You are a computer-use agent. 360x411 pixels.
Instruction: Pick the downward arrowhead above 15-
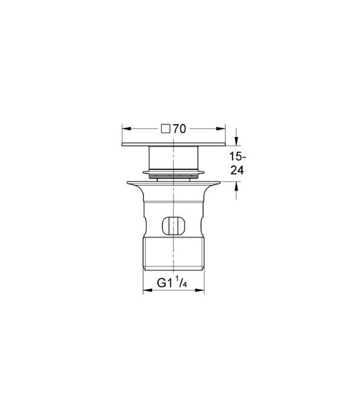(x=237, y=143)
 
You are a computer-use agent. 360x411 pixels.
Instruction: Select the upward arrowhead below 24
(x=237, y=186)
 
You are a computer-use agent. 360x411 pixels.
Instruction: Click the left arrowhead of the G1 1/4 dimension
(x=147, y=291)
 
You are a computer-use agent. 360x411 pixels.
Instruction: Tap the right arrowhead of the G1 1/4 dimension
(x=201, y=291)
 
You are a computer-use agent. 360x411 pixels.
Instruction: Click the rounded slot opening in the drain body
(x=174, y=224)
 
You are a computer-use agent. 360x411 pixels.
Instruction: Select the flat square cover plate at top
(x=174, y=145)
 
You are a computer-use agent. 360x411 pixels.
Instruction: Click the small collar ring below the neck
(x=174, y=171)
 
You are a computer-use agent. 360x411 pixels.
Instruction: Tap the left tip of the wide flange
(x=128, y=182)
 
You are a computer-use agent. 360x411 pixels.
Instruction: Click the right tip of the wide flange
(x=219, y=182)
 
